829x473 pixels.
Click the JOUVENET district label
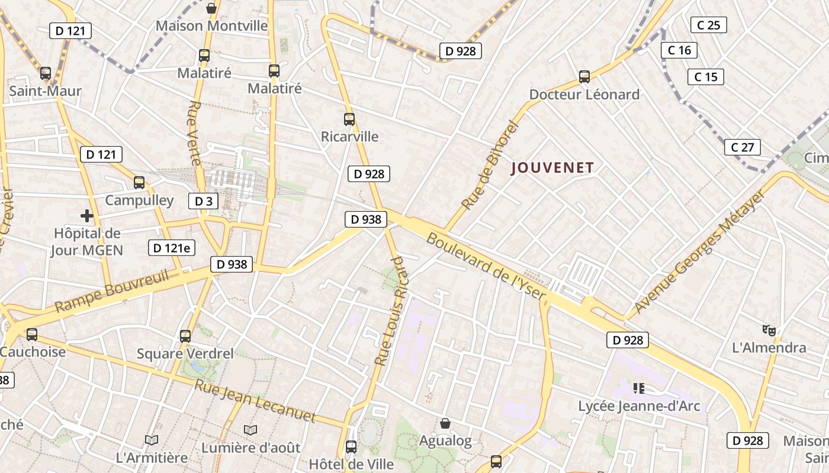[552, 168]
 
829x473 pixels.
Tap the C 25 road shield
[708, 25]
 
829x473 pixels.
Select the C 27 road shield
[742, 147]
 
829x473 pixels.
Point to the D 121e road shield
[171, 248]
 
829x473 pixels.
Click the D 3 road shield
[203, 201]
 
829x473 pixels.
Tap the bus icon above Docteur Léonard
[584, 77]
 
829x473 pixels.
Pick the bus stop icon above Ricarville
[349, 119]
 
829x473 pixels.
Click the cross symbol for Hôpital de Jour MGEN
[87, 216]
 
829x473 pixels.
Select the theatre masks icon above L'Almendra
[769, 330]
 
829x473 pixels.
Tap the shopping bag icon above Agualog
[445, 423]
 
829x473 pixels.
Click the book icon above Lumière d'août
[250, 430]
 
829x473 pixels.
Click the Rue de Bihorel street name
[489, 165]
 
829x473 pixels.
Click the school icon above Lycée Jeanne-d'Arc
[638, 388]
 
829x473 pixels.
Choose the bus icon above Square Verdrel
[185, 336]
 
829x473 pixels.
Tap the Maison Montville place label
[211, 26]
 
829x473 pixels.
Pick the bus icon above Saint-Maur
[46, 73]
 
